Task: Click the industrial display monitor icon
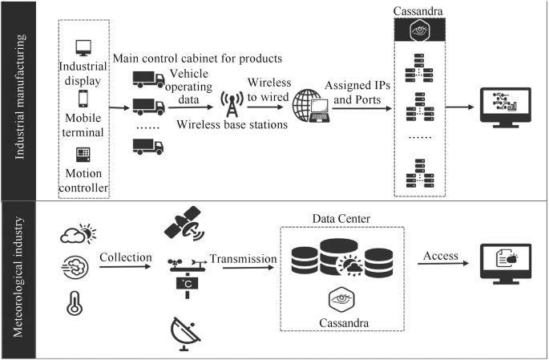(x=82, y=47)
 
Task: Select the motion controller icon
(x=82, y=154)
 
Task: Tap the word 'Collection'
(x=126, y=257)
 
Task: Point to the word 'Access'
(x=441, y=256)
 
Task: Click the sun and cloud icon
(x=77, y=234)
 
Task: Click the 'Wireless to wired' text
(x=269, y=88)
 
